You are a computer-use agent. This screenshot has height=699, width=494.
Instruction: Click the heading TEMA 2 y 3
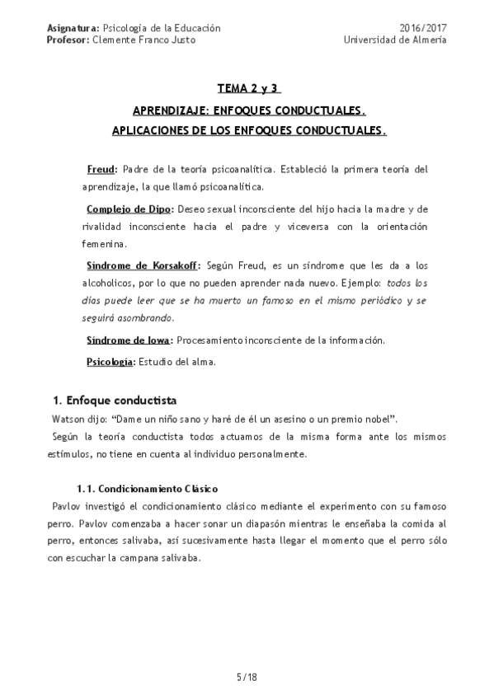[x=249, y=88]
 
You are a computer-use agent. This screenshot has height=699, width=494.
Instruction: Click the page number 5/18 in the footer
[x=247, y=678]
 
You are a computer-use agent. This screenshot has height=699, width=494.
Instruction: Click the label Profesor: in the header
[x=68, y=40]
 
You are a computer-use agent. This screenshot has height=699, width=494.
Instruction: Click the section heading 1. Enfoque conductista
[x=115, y=401]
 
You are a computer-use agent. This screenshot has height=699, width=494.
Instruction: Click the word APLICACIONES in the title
[x=150, y=131]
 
